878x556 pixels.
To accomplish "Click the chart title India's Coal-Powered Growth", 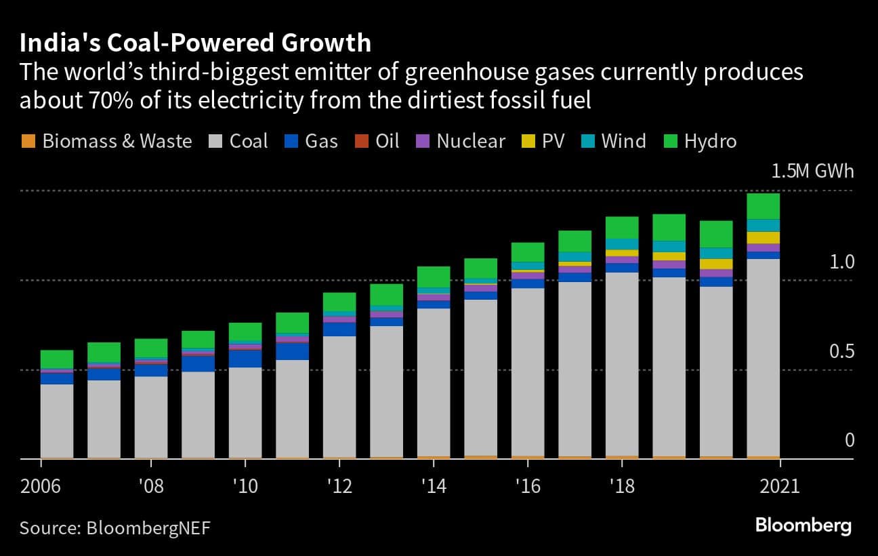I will click(195, 43).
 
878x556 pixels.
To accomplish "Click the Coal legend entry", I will click(239, 141).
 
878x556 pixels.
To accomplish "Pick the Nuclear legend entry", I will click(461, 141).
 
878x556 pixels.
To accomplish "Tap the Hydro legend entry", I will click(700, 141).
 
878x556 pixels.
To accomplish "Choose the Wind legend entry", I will click(614, 141).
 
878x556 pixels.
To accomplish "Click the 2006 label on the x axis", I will click(40, 487).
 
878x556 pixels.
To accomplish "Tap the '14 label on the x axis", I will click(434, 487).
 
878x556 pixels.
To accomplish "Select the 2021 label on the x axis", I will click(780, 487).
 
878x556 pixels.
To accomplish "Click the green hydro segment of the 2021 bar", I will click(763, 206).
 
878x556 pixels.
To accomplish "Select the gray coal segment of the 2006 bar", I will click(57, 420).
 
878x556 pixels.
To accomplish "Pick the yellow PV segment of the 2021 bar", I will click(763, 237).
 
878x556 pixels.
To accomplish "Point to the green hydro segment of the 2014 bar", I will click(434, 277).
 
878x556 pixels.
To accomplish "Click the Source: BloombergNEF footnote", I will click(114, 528).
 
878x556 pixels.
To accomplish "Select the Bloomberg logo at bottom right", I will click(803, 525).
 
